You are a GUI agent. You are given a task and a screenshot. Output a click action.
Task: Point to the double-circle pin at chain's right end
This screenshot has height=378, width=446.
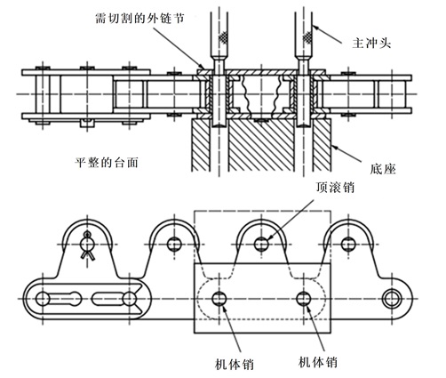tap(391, 297)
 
